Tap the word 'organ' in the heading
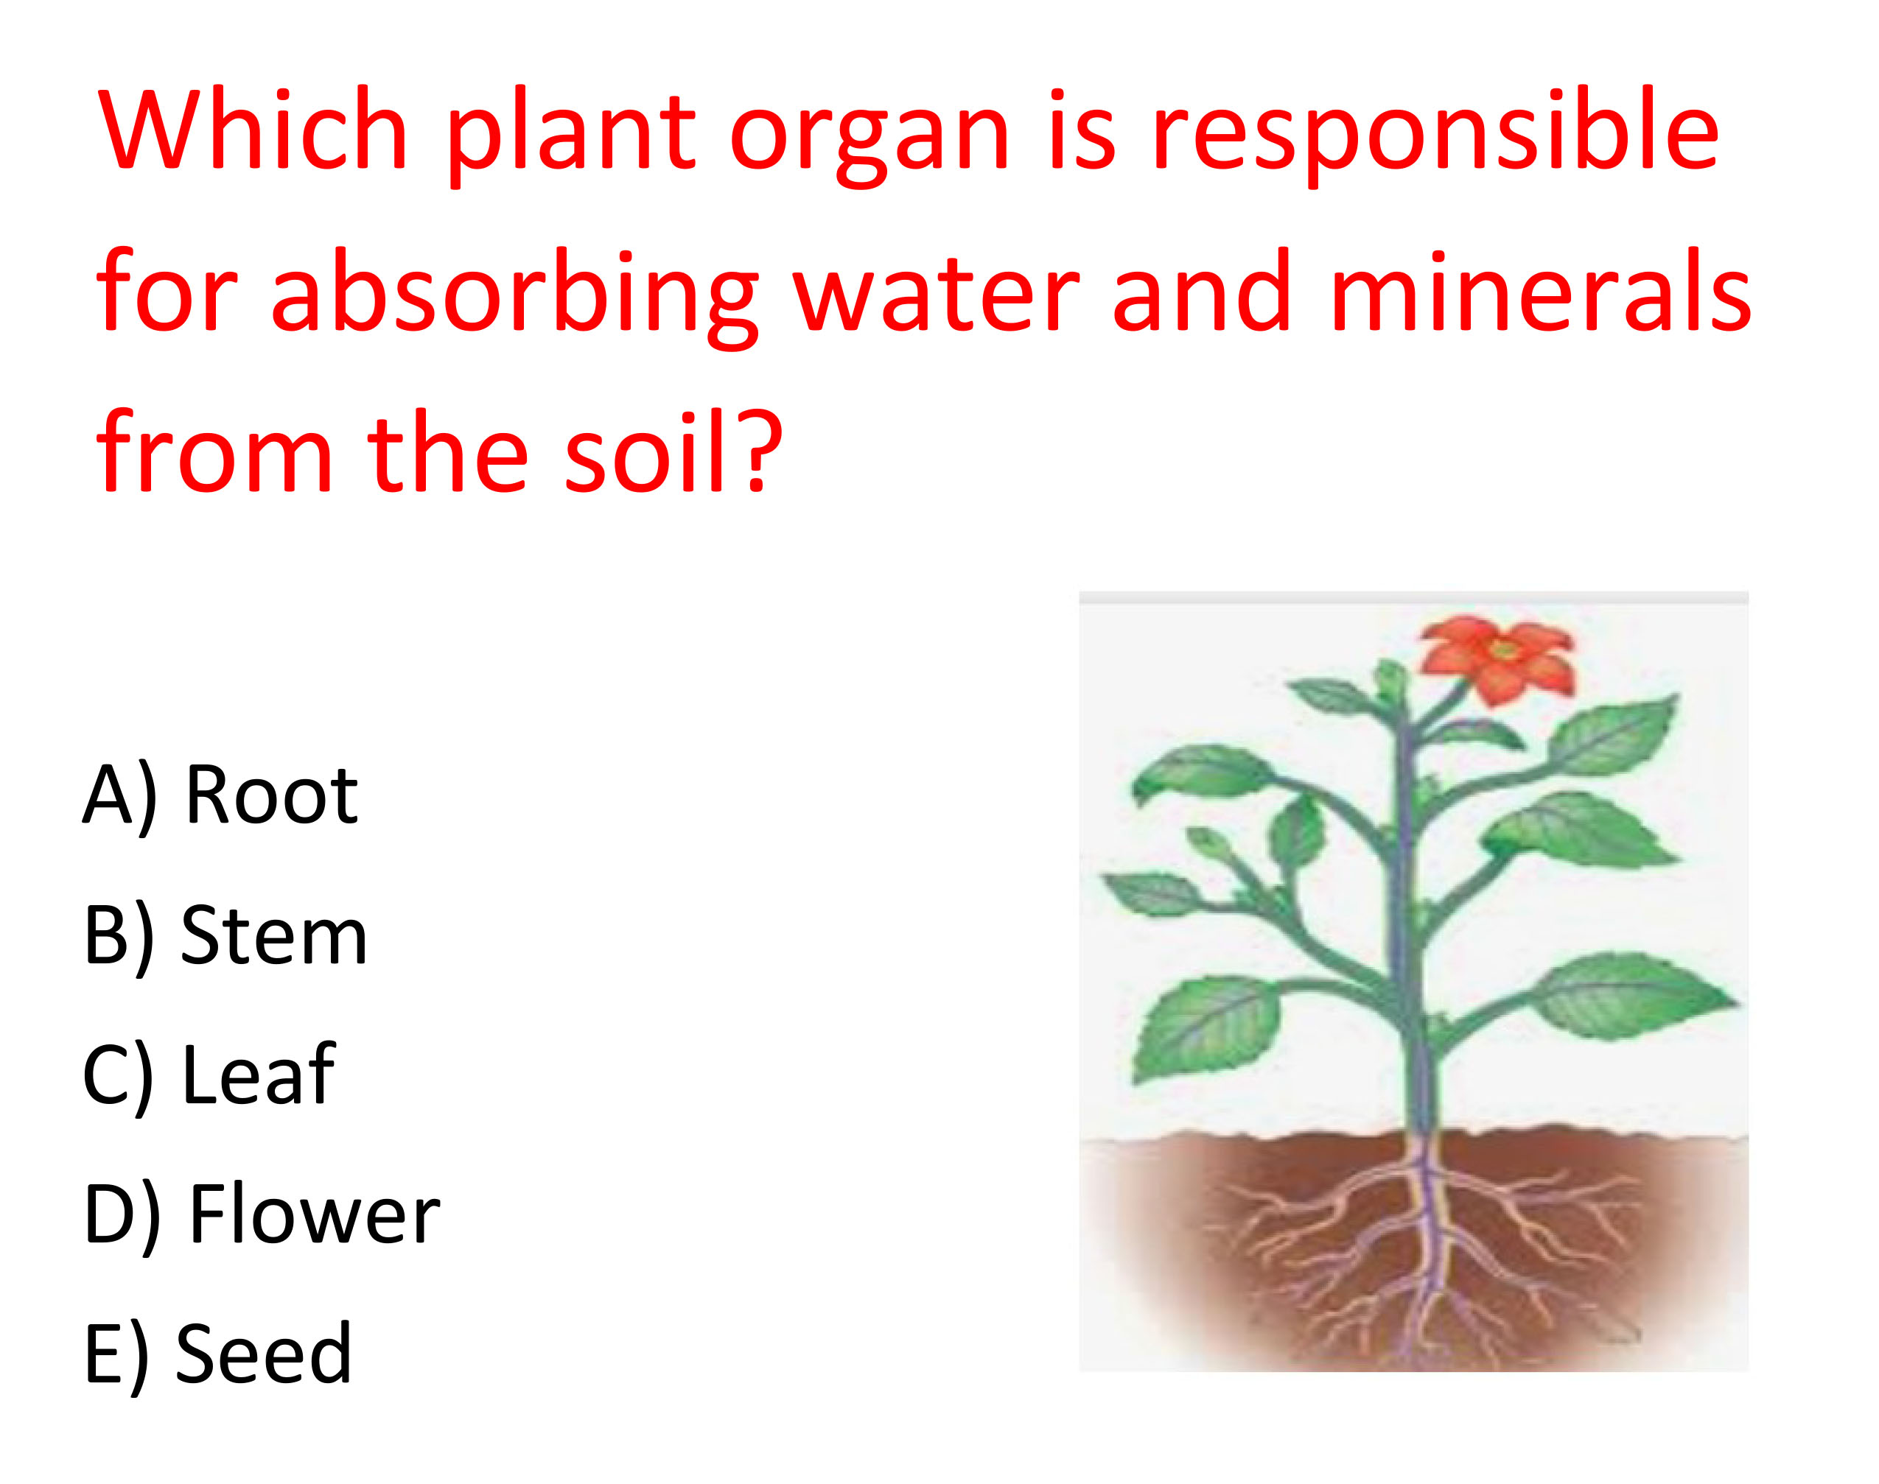(x=870, y=139)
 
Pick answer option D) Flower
(x=262, y=1215)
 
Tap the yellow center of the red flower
(x=1502, y=649)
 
